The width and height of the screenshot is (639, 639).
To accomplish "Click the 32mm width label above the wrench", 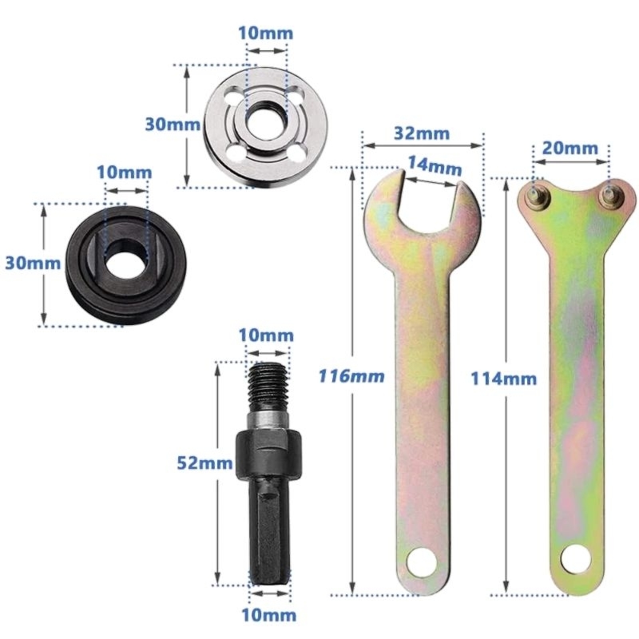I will click(x=421, y=133).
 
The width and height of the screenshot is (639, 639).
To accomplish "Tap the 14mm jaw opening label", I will click(x=434, y=166).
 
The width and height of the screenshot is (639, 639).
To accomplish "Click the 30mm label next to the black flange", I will click(x=24, y=263).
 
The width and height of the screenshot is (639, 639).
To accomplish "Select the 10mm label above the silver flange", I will click(x=266, y=34).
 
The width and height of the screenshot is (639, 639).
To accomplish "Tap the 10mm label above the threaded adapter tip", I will click(x=266, y=335).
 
